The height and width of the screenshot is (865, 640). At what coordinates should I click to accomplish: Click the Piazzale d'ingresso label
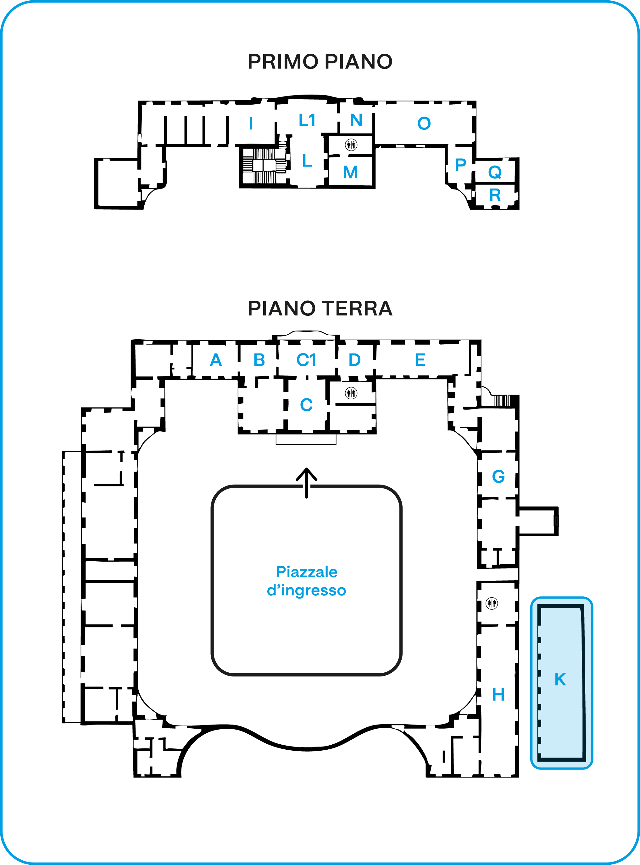click(x=306, y=581)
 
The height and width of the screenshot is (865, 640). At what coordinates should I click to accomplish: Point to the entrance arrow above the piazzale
click(x=306, y=482)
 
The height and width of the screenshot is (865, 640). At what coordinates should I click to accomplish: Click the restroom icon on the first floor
click(x=351, y=145)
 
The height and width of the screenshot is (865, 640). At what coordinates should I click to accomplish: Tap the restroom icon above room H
click(x=492, y=603)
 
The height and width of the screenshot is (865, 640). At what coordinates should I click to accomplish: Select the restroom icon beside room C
click(x=351, y=393)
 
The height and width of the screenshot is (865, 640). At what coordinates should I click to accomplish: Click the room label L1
click(x=307, y=121)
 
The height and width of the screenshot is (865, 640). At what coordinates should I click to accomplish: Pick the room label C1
click(x=306, y=360)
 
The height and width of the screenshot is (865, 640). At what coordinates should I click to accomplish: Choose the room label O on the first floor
click(x=424, y=123)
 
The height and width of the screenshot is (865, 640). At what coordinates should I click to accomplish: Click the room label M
click(x=350, y=172)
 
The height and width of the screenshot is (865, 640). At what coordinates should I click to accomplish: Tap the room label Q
click(x=495, y=172)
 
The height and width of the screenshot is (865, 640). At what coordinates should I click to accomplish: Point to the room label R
click(x=495, y=195)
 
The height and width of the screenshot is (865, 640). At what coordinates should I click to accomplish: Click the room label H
click(x=498, y=695)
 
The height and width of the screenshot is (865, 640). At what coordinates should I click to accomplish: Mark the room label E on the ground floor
click(x=420, y=360)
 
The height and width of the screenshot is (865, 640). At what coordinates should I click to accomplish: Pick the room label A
click(x=216, y=360)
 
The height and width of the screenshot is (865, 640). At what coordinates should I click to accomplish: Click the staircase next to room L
click(x=264, y=166)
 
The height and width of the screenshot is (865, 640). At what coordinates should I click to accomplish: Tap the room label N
click(x=356, y=120)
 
